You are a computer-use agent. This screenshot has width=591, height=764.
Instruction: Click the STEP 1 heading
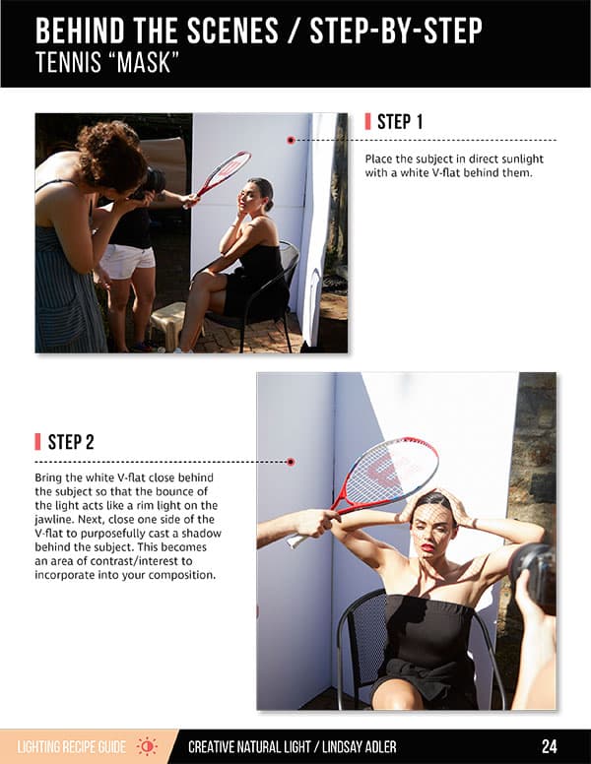pos(400,122)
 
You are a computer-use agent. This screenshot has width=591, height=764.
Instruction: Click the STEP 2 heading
pos(71,442)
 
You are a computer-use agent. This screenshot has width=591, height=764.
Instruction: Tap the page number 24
pos(550,746)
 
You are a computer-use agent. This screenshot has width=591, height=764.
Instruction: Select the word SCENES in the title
pos(232,31)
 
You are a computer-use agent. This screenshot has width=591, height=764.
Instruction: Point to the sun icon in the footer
pos(147,746)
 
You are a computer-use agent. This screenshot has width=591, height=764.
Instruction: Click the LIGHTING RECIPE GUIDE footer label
pos(72,747)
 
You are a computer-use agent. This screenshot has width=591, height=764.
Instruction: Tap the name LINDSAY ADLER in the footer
pos(360,747)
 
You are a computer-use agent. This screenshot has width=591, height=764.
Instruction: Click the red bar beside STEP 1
pos(367,122)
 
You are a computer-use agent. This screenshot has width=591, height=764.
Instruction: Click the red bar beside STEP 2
pos(37,442)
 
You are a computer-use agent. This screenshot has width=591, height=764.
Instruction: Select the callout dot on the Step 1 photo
pos(292,141)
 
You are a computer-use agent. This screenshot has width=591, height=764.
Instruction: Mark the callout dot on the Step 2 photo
pos(291,462)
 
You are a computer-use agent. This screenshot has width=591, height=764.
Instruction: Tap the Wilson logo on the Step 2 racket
pos(383,472)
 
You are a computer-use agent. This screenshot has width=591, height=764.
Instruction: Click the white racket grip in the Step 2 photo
pos(298,539)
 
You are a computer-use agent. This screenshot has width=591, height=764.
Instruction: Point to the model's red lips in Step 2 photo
pos(427,547)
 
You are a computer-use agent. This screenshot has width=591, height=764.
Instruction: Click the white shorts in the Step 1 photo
pos(127,262)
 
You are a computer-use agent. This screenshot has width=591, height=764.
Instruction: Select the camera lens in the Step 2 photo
pos(534,572)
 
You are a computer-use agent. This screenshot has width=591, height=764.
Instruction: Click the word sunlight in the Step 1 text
pos(520,159)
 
